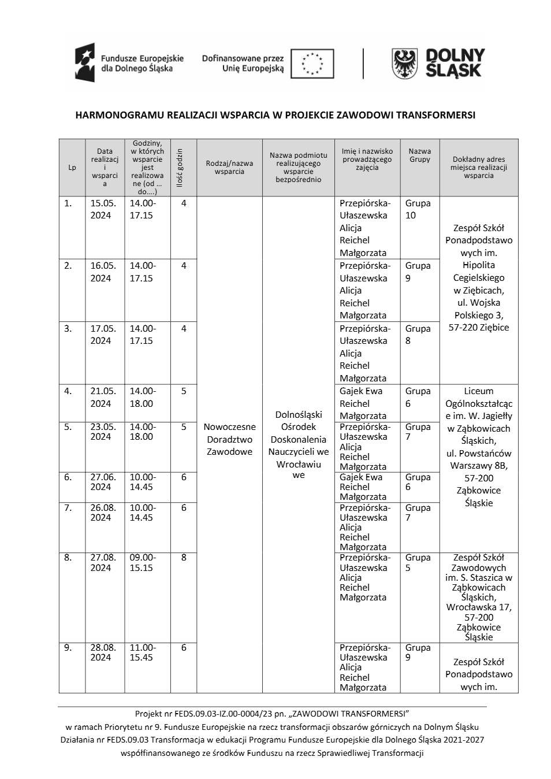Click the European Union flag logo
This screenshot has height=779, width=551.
click(x=312, y=64)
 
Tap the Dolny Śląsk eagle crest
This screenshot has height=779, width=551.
click(x=405, y=64)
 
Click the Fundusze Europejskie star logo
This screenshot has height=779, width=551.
click(x=85, y=62)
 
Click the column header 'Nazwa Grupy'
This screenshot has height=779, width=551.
click(x=420, y=155)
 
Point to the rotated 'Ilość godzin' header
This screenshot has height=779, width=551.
click(x=180, y=167)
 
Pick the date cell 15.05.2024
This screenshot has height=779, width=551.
click(x=103, y=209)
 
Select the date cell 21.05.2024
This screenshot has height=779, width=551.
click(x=103, y=397)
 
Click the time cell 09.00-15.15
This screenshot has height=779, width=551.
click(x=142, y=562)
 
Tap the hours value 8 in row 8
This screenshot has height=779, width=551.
click(x=184, y=558)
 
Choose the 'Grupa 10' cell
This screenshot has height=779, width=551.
click(x=418, y=209)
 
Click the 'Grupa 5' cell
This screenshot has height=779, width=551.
click(x=418, y=562)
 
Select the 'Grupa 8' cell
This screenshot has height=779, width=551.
click(x=418, y=335)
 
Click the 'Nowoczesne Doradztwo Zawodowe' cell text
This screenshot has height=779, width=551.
click(x=229, y=439)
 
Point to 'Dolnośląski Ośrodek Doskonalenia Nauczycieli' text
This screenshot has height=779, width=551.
click(x=299, y=439)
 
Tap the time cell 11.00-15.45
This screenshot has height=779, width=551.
click(x=142, y=652)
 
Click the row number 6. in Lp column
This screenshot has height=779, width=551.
click(x=68, y=477)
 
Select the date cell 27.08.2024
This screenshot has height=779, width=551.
click(x=103, y=562)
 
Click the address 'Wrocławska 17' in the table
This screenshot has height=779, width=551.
click(x=479, y=607)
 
